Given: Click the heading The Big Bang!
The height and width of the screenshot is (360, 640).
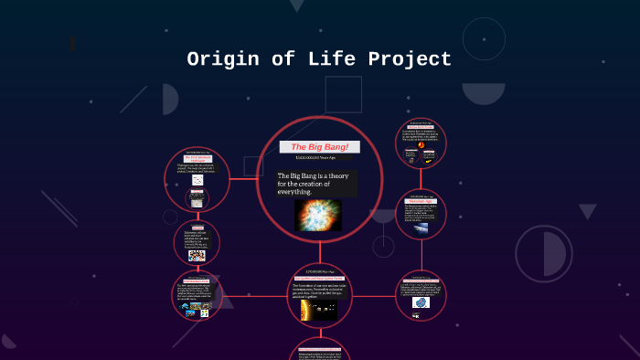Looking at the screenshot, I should (319, 147).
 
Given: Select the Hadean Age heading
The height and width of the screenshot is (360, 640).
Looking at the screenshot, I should (421, 200).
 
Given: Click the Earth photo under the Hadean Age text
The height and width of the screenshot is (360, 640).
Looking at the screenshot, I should (421, 228).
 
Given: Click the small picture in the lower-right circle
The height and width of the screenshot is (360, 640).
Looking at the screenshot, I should (421, 302).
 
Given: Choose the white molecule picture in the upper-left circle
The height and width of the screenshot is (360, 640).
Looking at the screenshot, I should (197, 181).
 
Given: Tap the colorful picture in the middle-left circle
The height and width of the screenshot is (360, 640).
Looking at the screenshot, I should (197, 256).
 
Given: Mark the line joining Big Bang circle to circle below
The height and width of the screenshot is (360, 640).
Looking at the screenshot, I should (319, 254).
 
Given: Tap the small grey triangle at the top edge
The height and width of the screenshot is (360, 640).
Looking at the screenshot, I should (296, 5).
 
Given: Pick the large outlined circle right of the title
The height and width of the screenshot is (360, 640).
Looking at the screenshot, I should (484, 38).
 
